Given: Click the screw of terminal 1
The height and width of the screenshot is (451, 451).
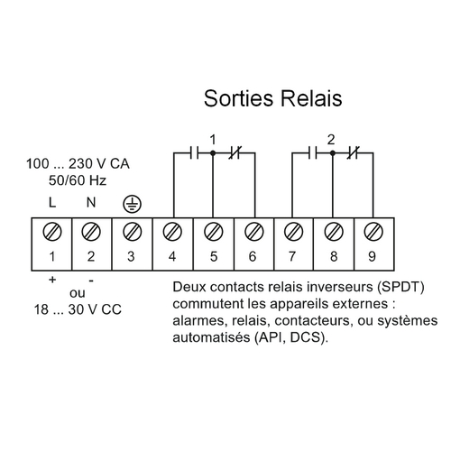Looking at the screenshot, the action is (x=52, y=232).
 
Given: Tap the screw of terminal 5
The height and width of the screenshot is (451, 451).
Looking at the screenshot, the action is (x=214, y=232).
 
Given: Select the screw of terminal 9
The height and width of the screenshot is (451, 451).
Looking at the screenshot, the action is (x=373, y=232).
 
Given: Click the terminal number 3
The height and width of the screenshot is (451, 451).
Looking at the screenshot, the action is (x=131, y=256).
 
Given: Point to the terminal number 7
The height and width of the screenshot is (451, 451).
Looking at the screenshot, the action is (x=292, y=256).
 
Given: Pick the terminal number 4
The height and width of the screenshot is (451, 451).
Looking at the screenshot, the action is (x=172, y=256).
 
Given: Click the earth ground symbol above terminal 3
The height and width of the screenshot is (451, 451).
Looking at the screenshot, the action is (x=132, y=204).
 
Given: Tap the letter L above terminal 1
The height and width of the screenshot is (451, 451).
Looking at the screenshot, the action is (x=52, y=202).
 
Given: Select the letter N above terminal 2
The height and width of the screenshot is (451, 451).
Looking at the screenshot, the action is (x=91, y=202).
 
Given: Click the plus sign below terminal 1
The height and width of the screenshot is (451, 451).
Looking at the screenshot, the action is (x=52, y=280).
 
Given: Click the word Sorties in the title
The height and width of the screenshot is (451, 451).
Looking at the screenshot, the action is (x=239, y=98).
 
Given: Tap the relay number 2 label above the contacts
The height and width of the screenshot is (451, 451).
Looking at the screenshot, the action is (x=331, y=140).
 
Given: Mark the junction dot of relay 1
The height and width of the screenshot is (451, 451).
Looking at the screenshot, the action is (x=213, y=153).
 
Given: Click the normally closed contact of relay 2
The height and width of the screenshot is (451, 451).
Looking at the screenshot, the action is (x=354, y=153).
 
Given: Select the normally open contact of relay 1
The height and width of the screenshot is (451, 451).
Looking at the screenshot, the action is (x=194, y=153).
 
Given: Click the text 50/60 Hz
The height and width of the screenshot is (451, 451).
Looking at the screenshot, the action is (x=78, y=180).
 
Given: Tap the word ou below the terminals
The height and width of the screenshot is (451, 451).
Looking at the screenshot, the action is (x=78, y=293).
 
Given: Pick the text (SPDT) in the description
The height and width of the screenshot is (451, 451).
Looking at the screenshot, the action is (x=400, y=287).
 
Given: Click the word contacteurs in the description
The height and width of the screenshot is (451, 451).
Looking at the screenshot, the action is (x=312, y=320).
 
